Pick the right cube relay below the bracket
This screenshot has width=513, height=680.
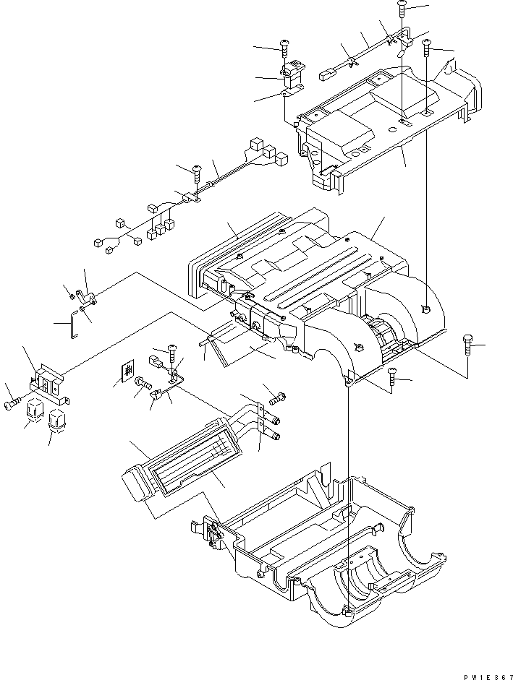56,420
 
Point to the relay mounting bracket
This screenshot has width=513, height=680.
49,384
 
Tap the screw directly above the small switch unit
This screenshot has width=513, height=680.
284,48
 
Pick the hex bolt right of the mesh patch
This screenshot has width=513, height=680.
142,391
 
